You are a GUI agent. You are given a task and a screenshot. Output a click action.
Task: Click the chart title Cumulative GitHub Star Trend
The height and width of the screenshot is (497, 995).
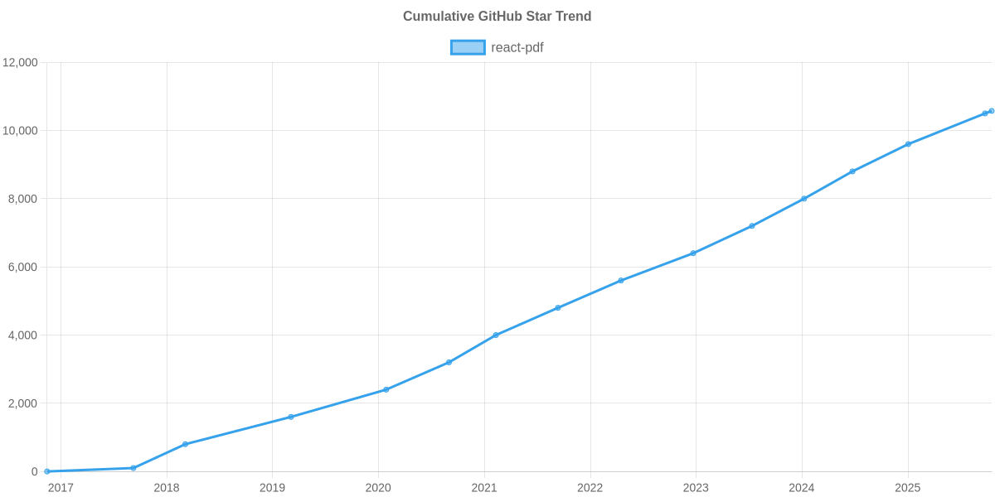[x=497, y=17]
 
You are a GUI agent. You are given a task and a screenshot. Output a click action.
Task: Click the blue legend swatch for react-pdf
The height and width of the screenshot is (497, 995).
[x=467, y=47]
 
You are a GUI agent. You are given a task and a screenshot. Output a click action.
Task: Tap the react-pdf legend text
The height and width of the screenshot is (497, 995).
[x=517, y=47]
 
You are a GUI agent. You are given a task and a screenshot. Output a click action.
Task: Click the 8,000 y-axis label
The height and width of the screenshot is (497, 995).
[x=23, y=200]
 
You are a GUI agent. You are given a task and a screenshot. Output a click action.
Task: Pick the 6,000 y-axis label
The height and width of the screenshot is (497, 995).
[x=23, y=268]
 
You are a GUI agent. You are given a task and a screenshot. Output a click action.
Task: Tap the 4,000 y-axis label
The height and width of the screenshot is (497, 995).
[x=23, y=335]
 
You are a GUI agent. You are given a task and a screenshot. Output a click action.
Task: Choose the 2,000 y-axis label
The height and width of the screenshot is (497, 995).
[x=23, y=403]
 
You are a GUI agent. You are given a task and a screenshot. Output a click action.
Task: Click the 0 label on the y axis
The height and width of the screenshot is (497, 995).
[x=35, y=472]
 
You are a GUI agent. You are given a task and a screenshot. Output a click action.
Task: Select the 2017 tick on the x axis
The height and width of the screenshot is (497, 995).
[x=61, y=488]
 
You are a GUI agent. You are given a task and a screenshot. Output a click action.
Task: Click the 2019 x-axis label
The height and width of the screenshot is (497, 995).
[x=272, y=488]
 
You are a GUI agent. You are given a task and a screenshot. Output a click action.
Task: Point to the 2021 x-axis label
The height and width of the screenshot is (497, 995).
[x=484, y=488]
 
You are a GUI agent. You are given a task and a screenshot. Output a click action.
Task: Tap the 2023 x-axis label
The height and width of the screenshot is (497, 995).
[x=696, y=488]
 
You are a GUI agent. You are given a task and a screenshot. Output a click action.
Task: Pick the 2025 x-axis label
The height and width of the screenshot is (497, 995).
[x=908, y=488]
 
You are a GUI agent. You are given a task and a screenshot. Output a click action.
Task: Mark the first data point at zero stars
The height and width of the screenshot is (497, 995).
[x=47, y=471]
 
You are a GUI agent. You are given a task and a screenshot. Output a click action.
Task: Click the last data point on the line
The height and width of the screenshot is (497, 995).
[x=992, y=111]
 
